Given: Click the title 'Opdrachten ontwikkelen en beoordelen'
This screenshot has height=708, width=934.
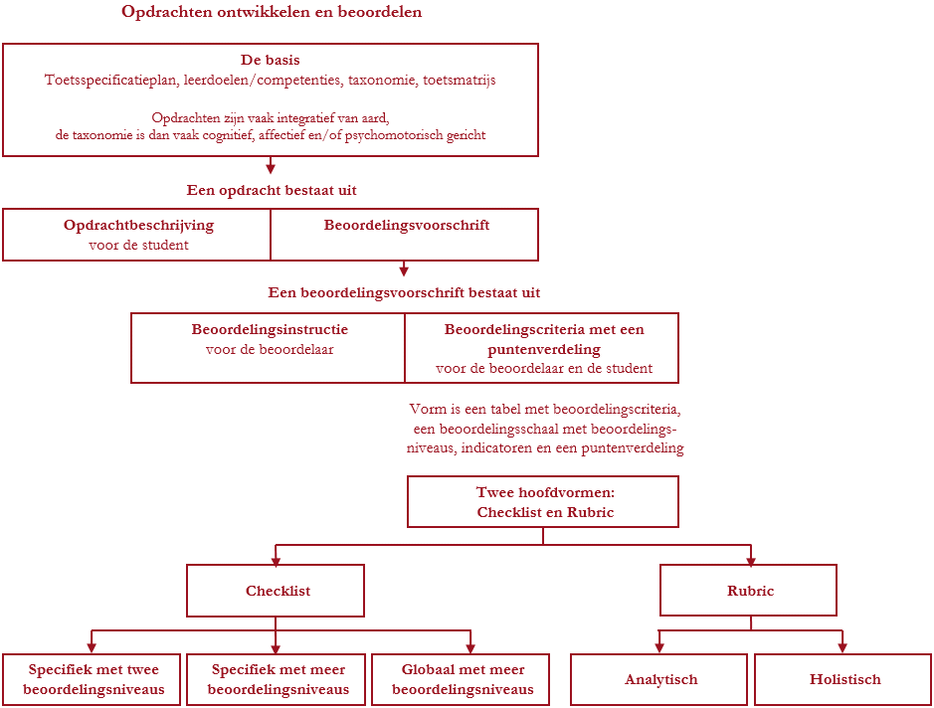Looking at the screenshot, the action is coord(272,12).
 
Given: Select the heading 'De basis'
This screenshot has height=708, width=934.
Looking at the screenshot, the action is coord(271,60).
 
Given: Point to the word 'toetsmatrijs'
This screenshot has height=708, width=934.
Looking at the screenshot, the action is coord(460,80).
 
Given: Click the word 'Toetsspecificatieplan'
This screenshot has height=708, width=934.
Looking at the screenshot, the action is coord(111,80).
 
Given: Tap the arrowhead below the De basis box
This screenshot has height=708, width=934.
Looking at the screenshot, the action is coord(271,168).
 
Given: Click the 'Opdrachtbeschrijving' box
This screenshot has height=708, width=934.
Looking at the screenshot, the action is coord(137,235).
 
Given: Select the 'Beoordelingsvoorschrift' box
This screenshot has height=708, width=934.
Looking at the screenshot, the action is coord(405,235).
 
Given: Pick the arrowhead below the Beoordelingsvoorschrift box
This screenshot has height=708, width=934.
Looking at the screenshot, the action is coord(404,270).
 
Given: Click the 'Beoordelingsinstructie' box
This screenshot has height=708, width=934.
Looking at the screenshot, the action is coord(268,348).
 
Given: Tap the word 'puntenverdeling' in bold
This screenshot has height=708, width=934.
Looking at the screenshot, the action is coord(544,350).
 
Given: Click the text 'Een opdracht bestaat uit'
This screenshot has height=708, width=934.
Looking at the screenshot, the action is coord(272,191).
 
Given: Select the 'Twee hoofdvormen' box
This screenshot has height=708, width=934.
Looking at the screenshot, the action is coord(543,502).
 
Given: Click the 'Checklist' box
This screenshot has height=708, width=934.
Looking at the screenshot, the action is coord(276,591).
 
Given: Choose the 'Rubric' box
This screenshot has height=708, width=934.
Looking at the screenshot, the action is coord(748,591).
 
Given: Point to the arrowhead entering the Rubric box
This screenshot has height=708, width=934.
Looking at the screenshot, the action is coord(751,560).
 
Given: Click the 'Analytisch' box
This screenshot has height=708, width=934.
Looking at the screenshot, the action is coord(658,679).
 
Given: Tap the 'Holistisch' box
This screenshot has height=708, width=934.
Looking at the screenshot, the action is coord(842,679).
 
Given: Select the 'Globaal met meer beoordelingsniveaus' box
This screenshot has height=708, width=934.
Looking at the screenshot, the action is coord(461,679).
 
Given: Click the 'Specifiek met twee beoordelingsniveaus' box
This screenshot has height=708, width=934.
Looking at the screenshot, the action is coord(92,679).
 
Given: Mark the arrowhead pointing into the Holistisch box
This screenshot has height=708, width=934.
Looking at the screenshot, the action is coord(842,648).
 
